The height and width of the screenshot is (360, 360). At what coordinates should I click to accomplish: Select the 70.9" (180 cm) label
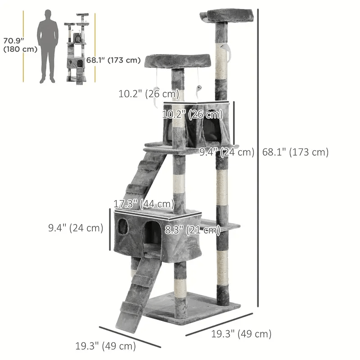pyautogui.click(x=19, y=45)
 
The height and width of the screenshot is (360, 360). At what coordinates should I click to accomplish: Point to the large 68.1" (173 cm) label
pyautogui.click(x=295, y=152)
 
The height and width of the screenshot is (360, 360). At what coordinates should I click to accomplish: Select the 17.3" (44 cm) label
pyautogui.click(x=144, y=204)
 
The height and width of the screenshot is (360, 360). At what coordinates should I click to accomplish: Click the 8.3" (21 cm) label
pyautogui.click(x=192, y=230)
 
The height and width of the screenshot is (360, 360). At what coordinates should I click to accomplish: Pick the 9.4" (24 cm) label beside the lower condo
pyautogui.click(x=76, y=228)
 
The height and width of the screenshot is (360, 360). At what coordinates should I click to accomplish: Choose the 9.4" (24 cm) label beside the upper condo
pyautogui.click(x=227, y=152)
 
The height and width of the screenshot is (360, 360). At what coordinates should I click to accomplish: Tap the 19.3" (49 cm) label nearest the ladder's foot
pyautogui.click(x=105, y=346)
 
